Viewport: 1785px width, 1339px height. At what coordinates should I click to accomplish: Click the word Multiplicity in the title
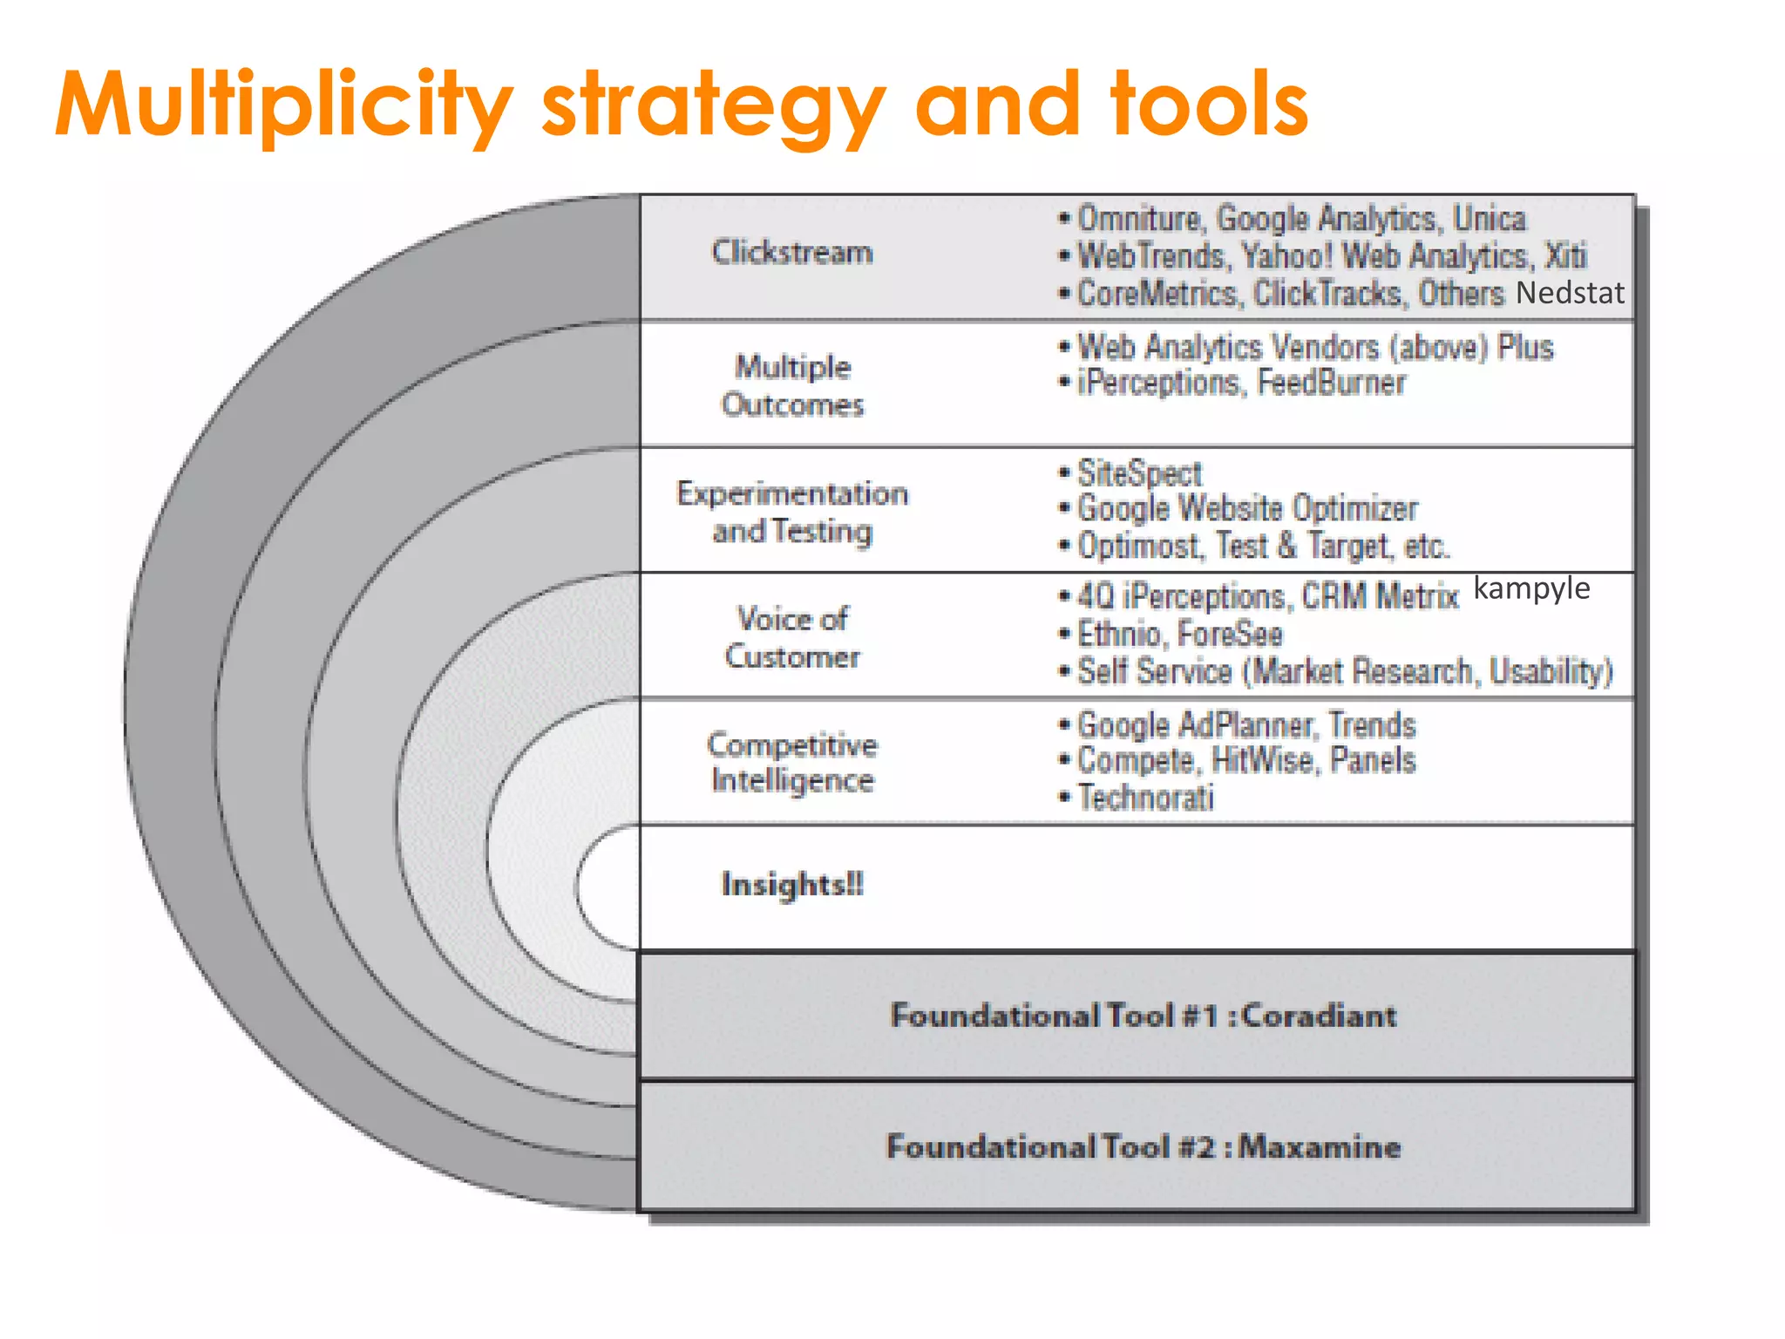coord(284,106)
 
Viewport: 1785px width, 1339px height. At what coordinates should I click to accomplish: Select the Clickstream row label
coord(791,253)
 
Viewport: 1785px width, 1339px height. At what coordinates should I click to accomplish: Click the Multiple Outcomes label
coord(792,385)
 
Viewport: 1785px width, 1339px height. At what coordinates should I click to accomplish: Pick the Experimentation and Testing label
coord(792,512)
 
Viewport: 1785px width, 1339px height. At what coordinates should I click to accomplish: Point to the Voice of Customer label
coord(792,637)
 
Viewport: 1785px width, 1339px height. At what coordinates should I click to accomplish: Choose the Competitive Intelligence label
coord(792,762)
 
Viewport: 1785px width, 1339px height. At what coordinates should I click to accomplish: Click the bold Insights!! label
coord(792,884)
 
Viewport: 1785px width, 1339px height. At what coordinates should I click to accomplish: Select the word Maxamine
coord(1320,1146)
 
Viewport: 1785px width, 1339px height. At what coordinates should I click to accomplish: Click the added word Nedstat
coord(1570,293)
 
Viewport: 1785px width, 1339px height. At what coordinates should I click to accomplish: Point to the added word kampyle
coord(1531,589)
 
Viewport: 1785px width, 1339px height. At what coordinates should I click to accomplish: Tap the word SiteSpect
coord(1140,473)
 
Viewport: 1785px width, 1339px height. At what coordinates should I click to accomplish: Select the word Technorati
coord(1145,798)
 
